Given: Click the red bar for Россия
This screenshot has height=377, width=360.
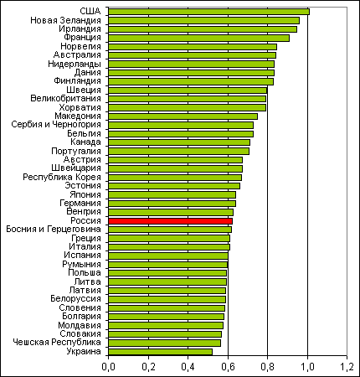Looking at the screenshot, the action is click(x=170, y=221).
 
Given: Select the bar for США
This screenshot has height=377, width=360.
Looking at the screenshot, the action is click(x=208, y=12).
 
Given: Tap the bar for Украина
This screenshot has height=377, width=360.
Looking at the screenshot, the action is click(x=160, y=352).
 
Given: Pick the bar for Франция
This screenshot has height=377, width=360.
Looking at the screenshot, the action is click(x=198, y=38).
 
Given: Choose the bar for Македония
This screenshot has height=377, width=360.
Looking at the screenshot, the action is click(x=183, y=116).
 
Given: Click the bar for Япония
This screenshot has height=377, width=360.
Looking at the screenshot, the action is click(x=172, y=194).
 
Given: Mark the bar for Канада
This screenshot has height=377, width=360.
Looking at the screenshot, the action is click(x=179, y=142).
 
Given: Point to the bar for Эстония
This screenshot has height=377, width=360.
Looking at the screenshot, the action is click(x=174, y=186).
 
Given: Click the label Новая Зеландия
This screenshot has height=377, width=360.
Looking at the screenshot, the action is click(x=65, y=20).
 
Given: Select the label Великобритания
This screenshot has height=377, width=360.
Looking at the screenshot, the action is click(x=65, y=99).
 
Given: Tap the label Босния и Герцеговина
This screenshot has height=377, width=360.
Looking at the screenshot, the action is click(x=54, y=230).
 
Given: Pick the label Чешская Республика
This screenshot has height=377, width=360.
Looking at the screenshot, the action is click(x=57, y=343).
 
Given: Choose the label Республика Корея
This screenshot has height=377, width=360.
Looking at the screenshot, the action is click(x=62, y=177).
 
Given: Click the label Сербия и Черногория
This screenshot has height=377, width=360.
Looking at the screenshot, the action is click(x=56, y=125).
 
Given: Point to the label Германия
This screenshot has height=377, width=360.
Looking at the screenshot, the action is click(x=80, y=204).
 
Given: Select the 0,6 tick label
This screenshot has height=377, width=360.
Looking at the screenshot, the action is click(x=228, y=367).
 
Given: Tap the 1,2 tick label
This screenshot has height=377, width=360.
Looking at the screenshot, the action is click(x=347, y=367).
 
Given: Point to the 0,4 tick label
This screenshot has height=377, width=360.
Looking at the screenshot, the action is click(x=188, y=367).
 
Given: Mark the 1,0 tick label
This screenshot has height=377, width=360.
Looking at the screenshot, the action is click(x=307, y=367).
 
